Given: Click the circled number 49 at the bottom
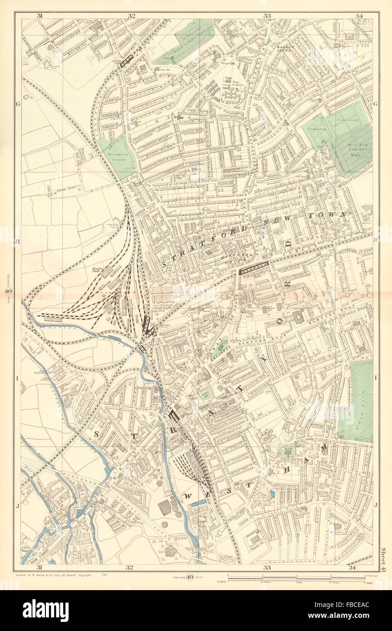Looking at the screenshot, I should point(191,577).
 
